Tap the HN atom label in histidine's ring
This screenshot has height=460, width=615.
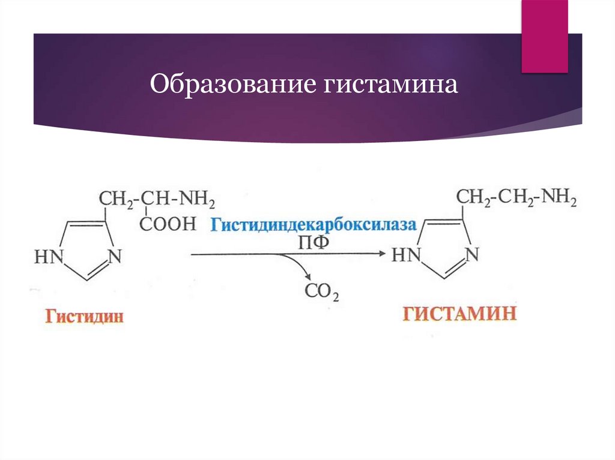(x=49, y=257)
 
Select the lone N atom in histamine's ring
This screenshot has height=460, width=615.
(x=472, y=255)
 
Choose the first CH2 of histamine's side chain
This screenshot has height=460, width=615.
(x=473, y=197)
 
